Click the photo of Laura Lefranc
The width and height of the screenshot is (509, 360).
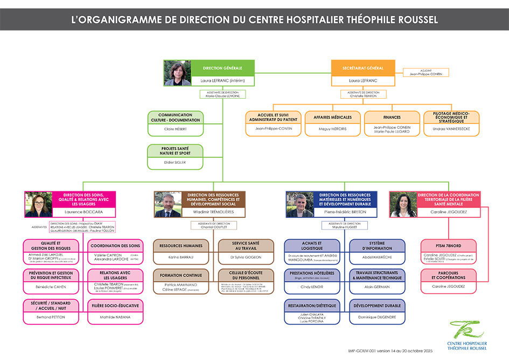click(x=177, y=73)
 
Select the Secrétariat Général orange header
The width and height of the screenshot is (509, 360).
click(x=363, y=68)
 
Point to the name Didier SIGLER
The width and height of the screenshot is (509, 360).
click(x=176, y=162)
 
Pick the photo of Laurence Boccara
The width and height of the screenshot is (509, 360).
click(x=38, y=204)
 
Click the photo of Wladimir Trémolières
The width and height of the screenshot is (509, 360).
click(x=168, y=204)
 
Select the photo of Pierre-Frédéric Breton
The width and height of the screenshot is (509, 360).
click(x=299, y=204)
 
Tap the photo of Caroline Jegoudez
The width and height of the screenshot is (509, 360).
click(x=403, y=204)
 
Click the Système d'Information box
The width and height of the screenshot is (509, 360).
click(x=377, y=246)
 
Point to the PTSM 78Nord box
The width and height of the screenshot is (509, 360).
click(x=448, y=246)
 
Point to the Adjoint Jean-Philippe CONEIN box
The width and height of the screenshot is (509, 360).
click(x=426, y=72)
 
